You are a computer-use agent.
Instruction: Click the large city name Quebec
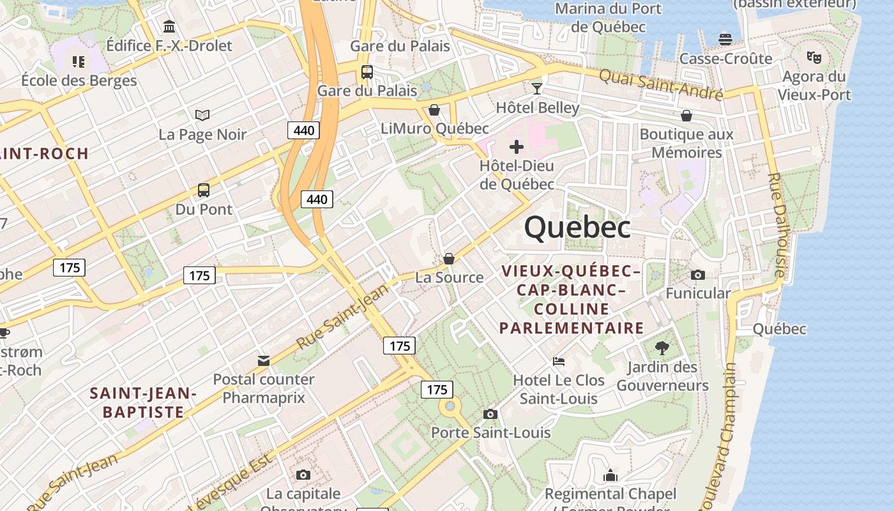click(x=577, y=227)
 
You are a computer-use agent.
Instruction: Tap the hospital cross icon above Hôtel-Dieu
click(x=517, y=148)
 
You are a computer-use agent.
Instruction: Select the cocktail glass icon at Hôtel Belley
click(x=537, y=88)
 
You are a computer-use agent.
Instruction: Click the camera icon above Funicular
click(x=698, y=275)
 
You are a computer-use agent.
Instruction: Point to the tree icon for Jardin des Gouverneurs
click(x=662, y=348)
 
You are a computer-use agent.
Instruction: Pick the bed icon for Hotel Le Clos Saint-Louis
click(x=559, y=362)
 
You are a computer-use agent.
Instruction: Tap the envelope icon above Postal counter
click(x=264, y=361)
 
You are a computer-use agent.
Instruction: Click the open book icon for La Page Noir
click(x=202, y=116)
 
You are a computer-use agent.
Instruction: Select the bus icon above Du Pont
click(x=204, y=190)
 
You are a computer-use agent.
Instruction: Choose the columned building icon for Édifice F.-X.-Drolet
click(x=169, y=27)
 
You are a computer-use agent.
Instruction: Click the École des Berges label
click(x=79, y=80)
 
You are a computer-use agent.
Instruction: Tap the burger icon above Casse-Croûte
click(x=725, y=40)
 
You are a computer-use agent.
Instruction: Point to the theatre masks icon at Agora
click(x=814, y=57)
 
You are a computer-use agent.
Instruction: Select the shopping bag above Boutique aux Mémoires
click(x=686, y=116)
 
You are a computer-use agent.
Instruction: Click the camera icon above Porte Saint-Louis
click(x=490, y=414)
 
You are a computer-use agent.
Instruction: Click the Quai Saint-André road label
click(x=660, y=84)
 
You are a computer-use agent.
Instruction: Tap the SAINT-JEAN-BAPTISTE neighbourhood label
click(x=143, y=402)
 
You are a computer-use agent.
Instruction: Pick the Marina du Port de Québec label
click(x=608, y=18)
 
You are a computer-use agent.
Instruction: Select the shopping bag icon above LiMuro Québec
click(x=434, y=110)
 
